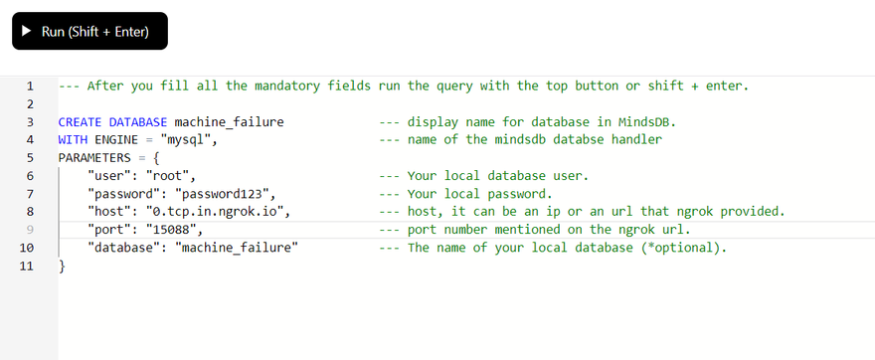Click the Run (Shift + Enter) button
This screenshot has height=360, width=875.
[89, 31]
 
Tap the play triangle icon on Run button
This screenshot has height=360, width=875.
[26, 31]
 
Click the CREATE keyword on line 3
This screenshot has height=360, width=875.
[80, 122]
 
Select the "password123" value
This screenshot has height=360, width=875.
[222, 194]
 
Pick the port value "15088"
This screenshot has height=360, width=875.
[171, 230]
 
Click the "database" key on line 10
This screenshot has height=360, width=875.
[120, 248]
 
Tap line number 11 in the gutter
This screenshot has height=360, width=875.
[26, 267]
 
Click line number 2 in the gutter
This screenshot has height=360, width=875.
[30, 104]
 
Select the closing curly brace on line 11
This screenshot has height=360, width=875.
[62, 267]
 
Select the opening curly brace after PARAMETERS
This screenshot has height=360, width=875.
[156, 158]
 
